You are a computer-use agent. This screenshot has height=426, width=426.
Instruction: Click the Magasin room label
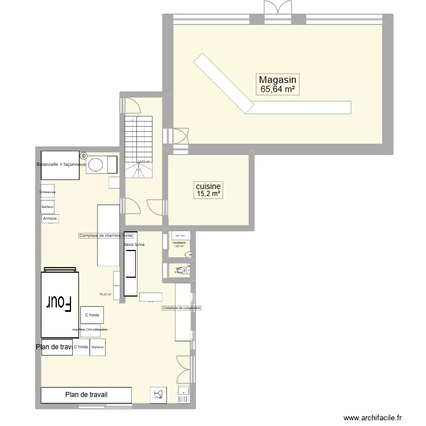[x=277, y=80]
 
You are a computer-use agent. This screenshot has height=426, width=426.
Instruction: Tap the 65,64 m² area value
[x=277, y=89]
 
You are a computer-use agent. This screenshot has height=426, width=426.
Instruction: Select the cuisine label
[x=208, y=186]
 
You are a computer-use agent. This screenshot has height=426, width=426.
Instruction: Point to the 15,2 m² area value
[x=208, y=194]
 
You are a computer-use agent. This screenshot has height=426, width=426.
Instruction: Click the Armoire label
[x=50, y=219]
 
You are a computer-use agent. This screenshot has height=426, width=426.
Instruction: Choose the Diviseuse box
[x=48, y=192]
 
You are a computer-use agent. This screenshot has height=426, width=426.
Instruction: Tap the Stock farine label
[x=135, y=245]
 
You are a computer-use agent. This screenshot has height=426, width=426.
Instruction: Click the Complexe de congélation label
[x=182, y=308]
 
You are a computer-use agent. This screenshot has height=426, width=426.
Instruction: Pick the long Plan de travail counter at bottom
[x=86, y=395]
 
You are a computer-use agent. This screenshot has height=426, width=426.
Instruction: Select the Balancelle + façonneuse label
[x=60, y=165]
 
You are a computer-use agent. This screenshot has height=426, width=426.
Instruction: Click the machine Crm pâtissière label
[x=90, y=329]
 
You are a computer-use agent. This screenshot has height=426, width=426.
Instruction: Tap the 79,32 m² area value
[x=105, y=294]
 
